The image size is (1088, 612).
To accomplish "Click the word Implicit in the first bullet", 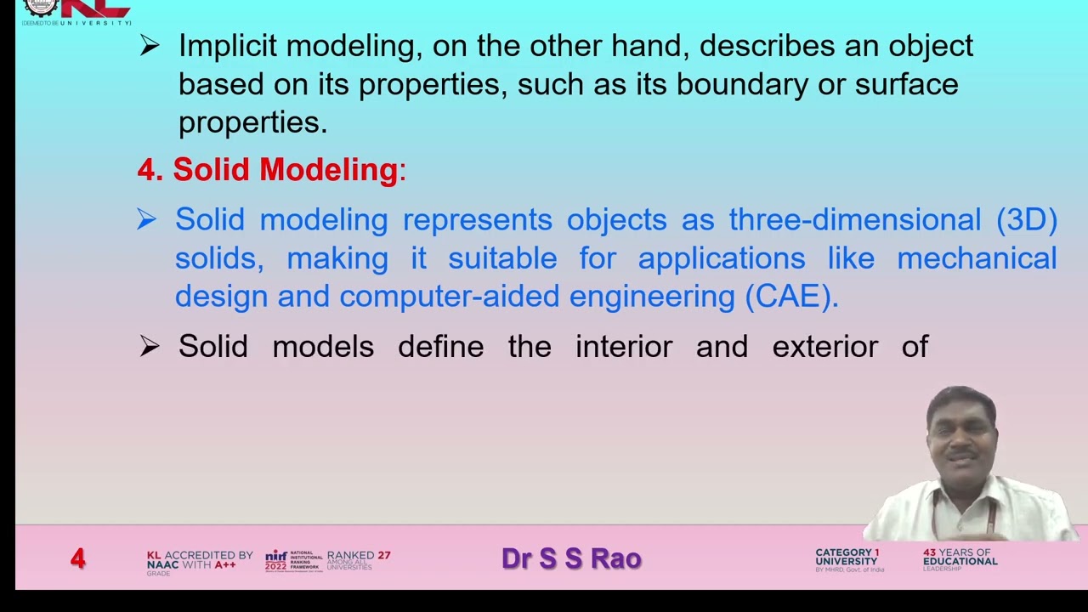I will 227,46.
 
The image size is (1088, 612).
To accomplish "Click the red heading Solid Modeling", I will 286,170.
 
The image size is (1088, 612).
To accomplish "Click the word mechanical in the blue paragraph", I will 977,258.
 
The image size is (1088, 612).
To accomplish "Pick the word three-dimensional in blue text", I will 854,220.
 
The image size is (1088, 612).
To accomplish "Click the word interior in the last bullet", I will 623,347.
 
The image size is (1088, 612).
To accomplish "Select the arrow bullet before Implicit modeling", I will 150,46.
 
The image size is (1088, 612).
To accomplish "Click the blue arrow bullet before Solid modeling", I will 146,220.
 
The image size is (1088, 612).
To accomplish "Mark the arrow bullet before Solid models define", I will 150,347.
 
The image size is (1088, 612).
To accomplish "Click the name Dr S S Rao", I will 571,558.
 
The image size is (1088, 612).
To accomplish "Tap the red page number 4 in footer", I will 78,558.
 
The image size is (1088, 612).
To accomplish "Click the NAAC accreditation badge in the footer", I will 199,560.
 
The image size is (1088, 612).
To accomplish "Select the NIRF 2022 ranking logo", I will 293,560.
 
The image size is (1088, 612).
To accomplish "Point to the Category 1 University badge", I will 847,559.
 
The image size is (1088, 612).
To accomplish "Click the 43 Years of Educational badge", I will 960,558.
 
